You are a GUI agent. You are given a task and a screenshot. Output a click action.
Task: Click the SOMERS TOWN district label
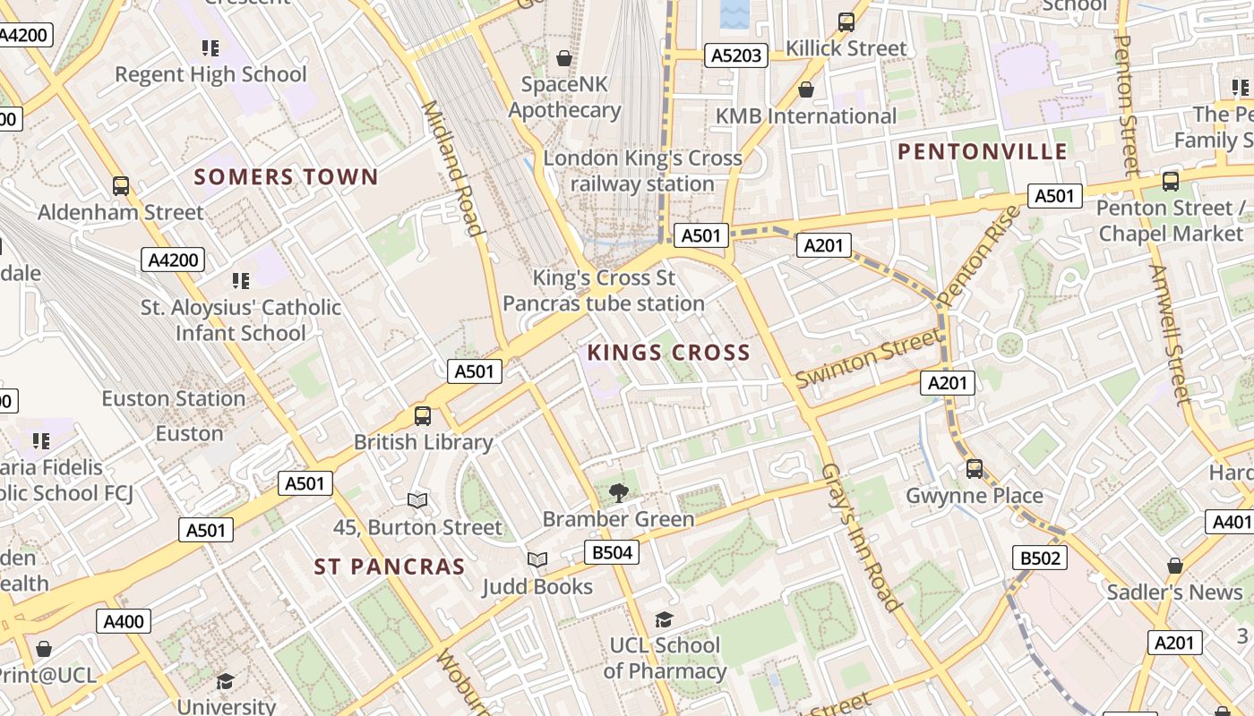tap(287, 177)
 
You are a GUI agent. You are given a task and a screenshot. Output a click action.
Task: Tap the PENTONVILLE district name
tap(983, 151)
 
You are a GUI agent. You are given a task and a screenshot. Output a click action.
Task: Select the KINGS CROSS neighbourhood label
tap(668, 353)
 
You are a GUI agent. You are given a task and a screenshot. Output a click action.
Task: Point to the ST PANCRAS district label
tap(390, 567)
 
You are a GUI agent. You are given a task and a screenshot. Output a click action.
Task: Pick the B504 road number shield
tap(613, 552)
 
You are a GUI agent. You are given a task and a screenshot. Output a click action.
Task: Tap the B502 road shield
tap(1041, 558)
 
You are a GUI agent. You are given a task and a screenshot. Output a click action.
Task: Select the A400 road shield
tap(124, 621)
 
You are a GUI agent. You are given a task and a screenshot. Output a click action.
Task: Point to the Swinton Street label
tap(868, 357)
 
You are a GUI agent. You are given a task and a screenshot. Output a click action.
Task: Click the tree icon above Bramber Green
tap(618, 491)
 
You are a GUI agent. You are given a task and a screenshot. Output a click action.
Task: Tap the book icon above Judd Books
tap(537, 559)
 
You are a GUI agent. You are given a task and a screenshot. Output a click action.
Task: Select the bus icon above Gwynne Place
tap(975, 468)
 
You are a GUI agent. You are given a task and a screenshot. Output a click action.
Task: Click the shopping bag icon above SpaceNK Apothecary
tap(564, 58)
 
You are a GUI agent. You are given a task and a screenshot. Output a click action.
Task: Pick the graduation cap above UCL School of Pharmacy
tap(664, 618)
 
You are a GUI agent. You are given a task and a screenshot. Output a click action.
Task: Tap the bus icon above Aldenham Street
tap(121, 185)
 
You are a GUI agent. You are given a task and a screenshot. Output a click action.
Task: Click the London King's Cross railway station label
tap(643, 171)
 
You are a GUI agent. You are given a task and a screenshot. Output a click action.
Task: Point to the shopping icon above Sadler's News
tap(1175, 566)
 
